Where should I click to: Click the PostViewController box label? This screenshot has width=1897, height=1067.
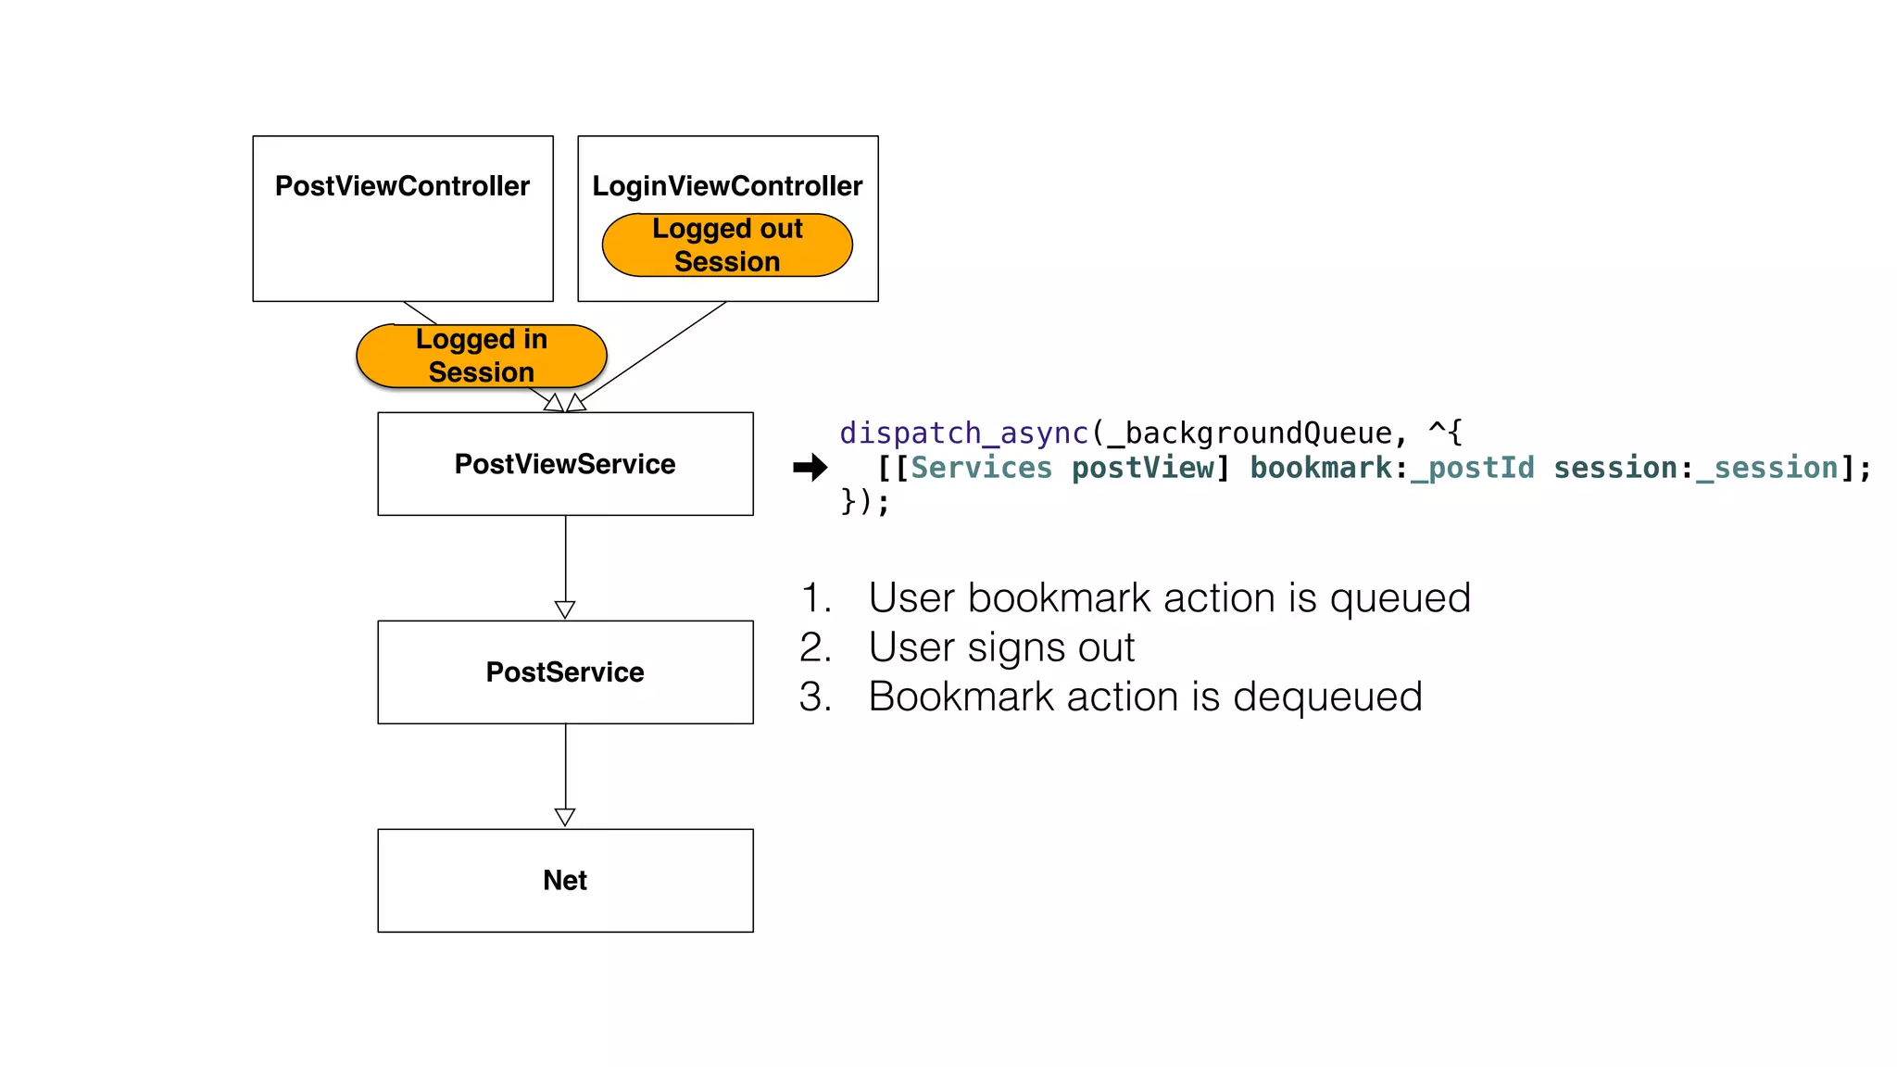click(402, 186)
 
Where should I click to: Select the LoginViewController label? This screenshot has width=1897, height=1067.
click(727, 186)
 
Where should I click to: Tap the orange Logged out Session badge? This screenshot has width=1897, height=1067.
click(727, 245)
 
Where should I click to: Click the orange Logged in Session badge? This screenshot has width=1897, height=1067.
click(481, 356)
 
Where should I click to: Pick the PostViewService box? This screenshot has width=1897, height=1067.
click(565, 464)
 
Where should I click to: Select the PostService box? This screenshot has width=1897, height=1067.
click(565, 672)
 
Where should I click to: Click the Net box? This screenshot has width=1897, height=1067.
click(565, 880)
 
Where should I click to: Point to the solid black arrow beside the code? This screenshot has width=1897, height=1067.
click(810, 468)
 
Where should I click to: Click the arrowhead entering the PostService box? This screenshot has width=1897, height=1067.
click(565, 609)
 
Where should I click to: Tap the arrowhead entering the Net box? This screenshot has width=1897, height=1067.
click(565, 817)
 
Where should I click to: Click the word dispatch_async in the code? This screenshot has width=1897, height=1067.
click(963, 433)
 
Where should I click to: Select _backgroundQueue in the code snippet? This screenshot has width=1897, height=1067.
click(1249, 433)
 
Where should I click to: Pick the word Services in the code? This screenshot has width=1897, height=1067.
click(982, 468)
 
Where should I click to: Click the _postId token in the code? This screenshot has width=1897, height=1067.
click(1472, 468)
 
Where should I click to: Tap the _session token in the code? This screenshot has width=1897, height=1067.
click(1766, 468)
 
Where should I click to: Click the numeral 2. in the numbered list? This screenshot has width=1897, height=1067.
click(815, 647)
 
